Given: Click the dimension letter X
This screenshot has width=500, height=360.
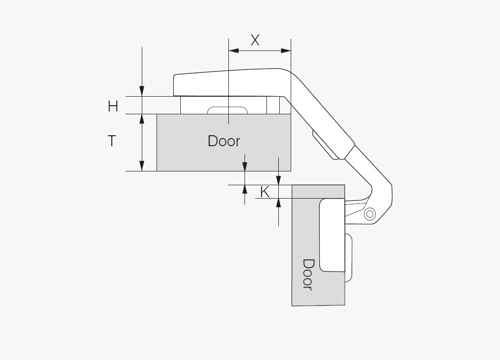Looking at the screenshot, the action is [x=255, y=40].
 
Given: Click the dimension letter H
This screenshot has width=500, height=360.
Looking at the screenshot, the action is [x=113, y=106].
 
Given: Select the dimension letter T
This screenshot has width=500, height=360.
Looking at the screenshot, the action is [x=112, y=141].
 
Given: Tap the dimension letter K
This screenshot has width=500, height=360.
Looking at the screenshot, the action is [x=265, y=192].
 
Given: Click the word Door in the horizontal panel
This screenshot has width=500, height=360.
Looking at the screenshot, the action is [x=224, y=141].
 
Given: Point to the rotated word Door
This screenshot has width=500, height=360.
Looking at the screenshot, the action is [x=308, y=274].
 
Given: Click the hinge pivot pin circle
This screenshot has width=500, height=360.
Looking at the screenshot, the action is [x=370, y=213].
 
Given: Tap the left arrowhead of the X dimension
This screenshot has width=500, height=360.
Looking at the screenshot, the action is [x=234, y=50].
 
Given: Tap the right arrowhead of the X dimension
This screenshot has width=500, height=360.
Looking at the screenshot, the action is [x=286, y=50].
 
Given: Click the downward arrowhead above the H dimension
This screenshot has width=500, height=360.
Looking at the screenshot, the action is [x=142, y=91].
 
